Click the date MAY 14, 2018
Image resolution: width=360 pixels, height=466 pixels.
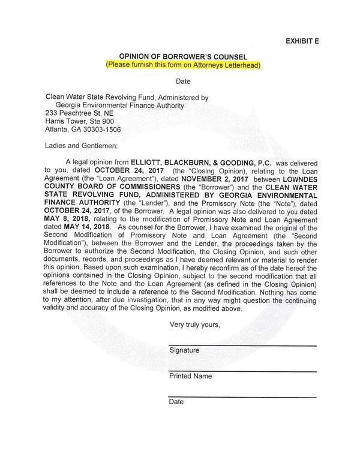point(88,227)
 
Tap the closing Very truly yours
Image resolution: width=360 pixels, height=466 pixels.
point(196,324)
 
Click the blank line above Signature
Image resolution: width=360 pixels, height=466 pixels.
point(242,344)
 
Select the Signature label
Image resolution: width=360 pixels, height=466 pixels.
point(184,350)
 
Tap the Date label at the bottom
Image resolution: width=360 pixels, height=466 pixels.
point(176,402)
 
